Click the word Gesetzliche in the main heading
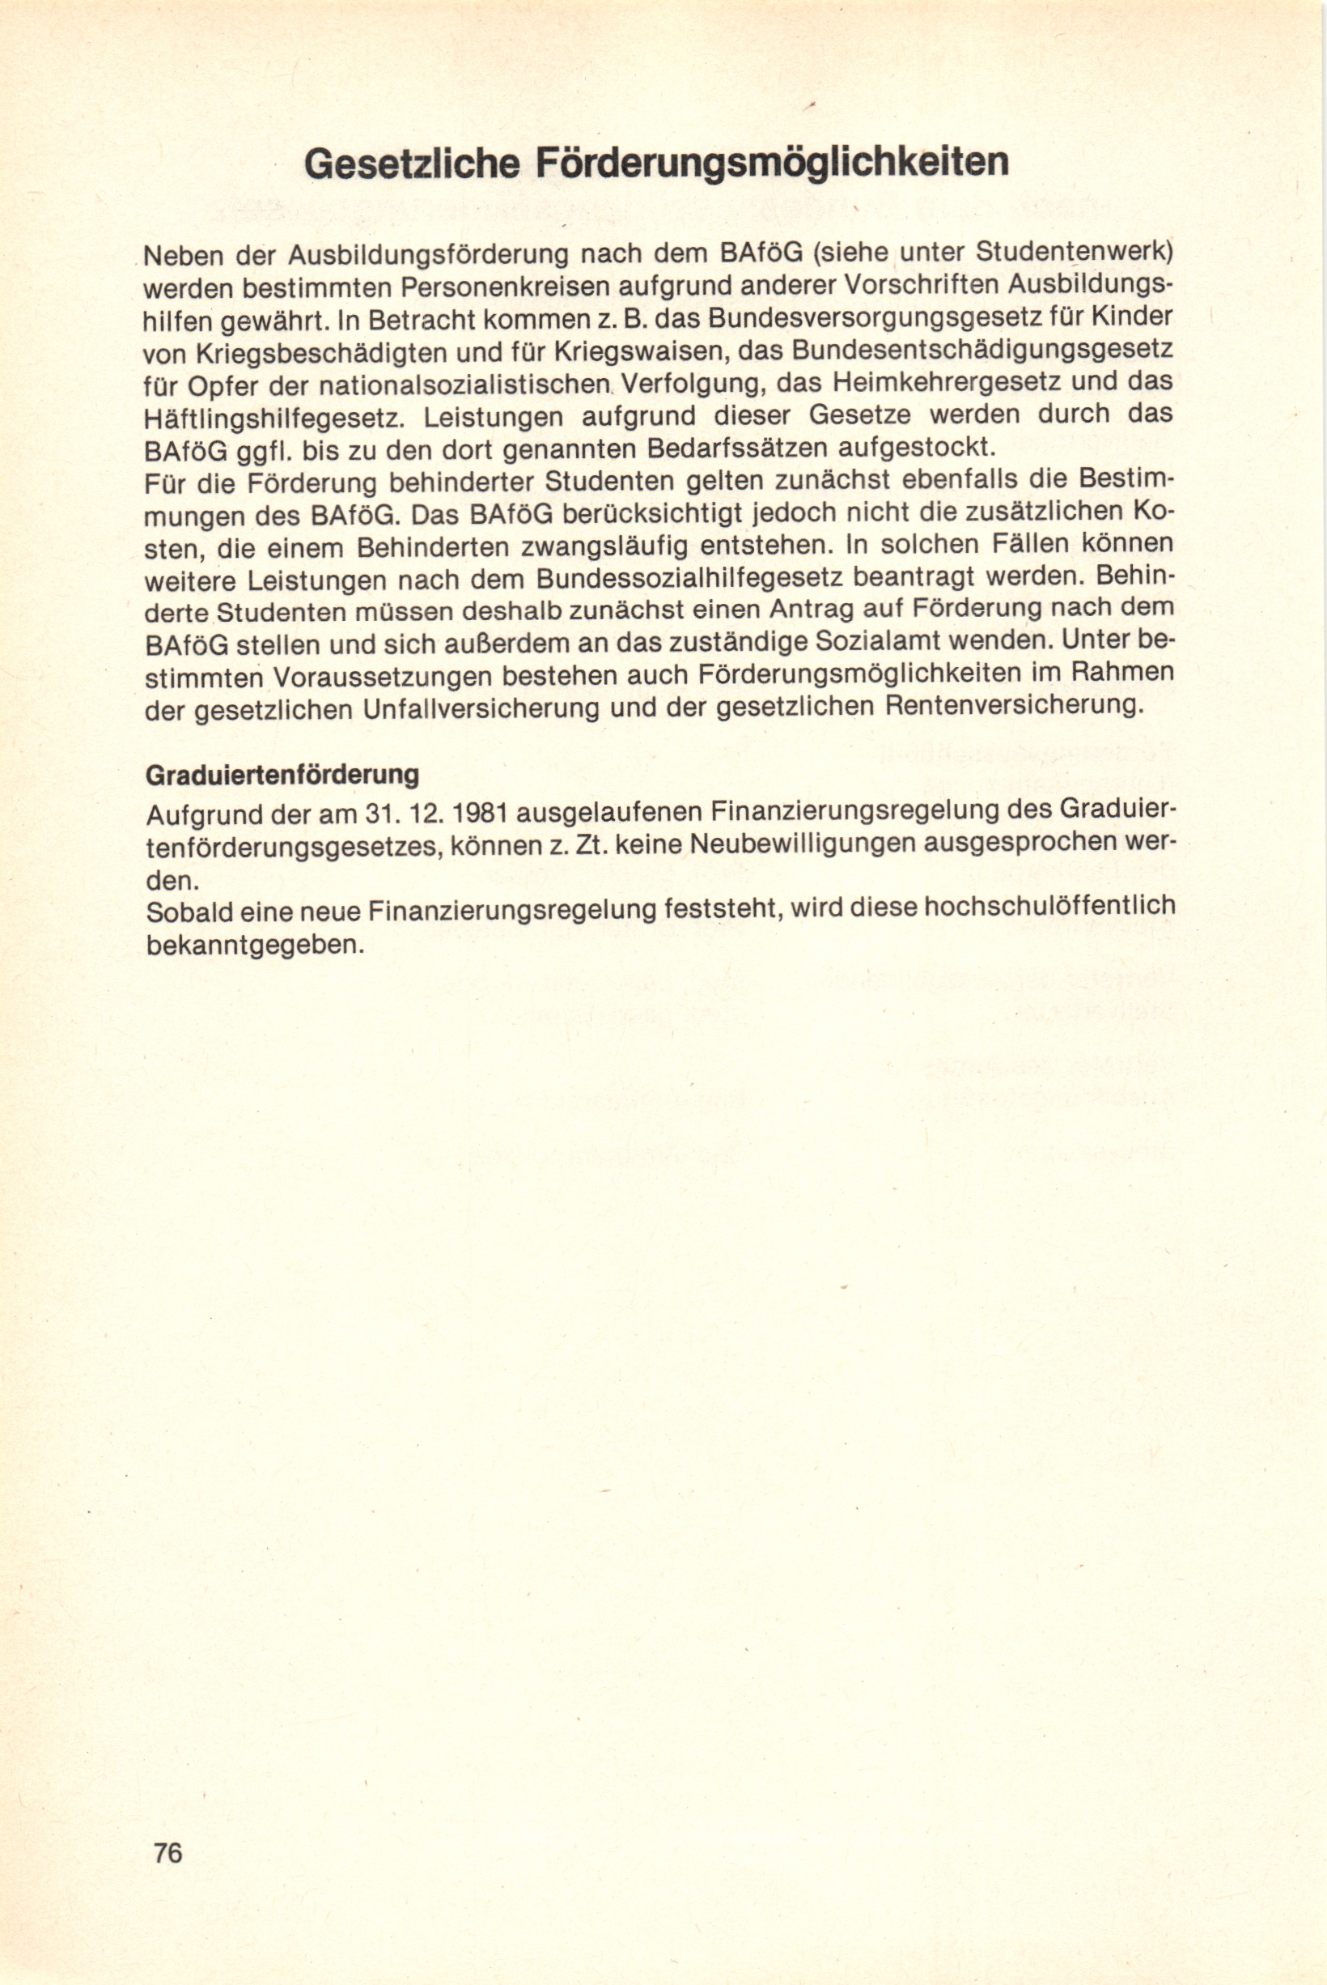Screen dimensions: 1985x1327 tap(411, 163)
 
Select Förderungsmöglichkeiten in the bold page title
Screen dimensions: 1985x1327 tap(772, 163)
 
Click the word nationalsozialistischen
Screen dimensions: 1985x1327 tap(464, 384)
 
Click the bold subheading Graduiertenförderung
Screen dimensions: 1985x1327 tap(282, 776)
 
